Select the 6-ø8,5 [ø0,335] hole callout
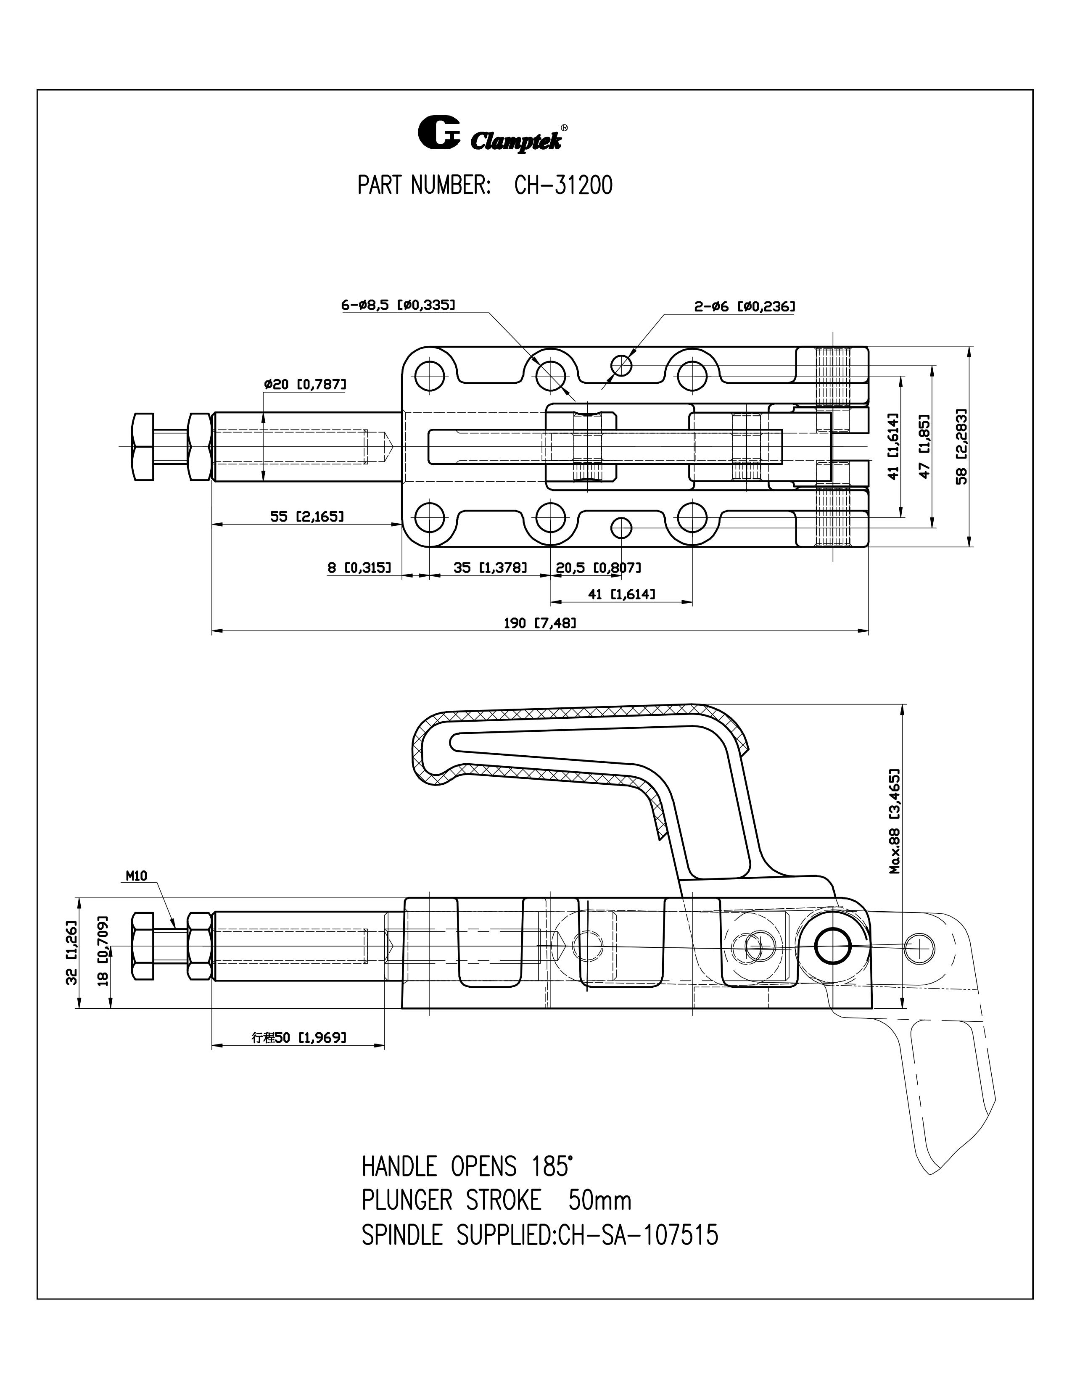tap(398, 306)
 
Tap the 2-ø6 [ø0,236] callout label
tap(744, 307)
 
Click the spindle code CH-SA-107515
tap(638, 1235)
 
